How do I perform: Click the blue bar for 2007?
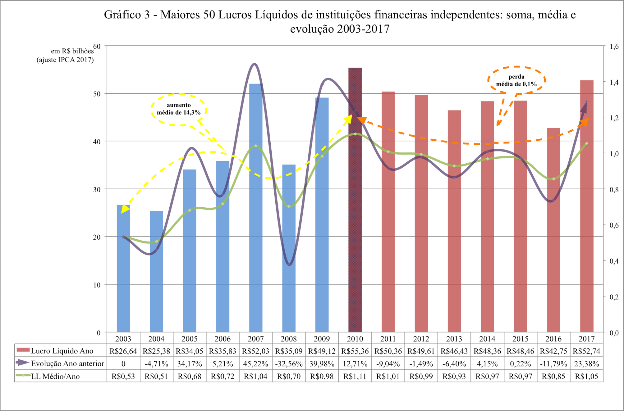[x=255, y=217]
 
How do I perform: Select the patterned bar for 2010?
[x=355, y=217]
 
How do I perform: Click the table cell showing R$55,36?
[x=355, y=351]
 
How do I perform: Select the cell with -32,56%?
[x=289, y=364]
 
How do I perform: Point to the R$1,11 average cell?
[x=355, y=376]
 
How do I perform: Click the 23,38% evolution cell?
[x=586, y=364]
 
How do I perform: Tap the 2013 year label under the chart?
[x=454, y=339]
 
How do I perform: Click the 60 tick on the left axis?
[x=97, y=47]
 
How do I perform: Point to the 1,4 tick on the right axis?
[x=614, y=82]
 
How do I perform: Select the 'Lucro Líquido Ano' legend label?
[x=62, y=351]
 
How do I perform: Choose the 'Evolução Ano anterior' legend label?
[x=67, y=364]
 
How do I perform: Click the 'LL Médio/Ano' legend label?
[x=55, y=377]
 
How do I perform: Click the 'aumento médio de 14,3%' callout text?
[x=179, y=109]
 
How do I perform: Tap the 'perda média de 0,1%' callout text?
[x=516, y=80]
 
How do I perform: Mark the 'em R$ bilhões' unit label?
[x=72, y=51]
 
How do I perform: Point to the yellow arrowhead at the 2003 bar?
[x=125, y=209]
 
